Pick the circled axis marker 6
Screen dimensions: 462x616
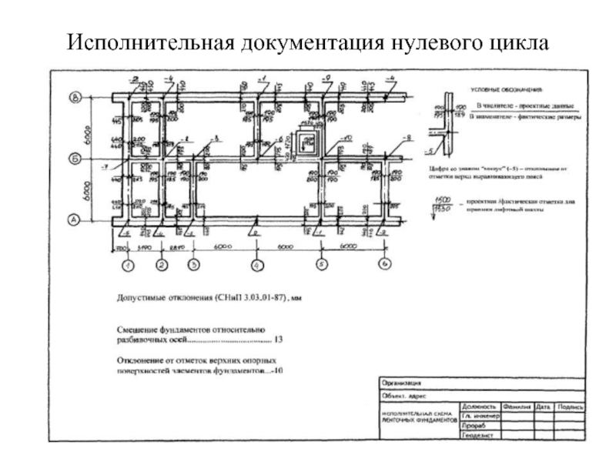click(x=385, y=265)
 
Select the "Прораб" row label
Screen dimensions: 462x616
click(x=473, y=426)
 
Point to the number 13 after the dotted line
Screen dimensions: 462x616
click(x=278, y=340)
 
